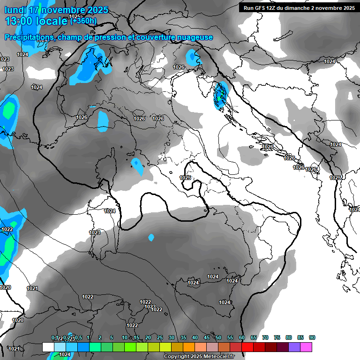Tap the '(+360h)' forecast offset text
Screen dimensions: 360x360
coord(83,21)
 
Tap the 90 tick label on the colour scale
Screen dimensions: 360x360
coord(312,338)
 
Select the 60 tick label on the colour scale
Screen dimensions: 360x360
coord(241,338)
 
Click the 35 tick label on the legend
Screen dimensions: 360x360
coord(183,338)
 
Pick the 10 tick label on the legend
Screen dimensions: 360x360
coord(124,338)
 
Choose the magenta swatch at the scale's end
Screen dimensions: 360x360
coord(306,347)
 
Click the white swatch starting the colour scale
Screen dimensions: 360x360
coord(48,347)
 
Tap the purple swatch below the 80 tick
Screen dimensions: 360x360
coord(294,347)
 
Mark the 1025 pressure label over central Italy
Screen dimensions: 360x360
coord(185,178)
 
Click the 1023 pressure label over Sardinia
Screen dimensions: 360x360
coord(95,232)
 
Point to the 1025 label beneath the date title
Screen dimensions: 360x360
coord(74,16)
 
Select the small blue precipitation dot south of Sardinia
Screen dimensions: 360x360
coord(151,238)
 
